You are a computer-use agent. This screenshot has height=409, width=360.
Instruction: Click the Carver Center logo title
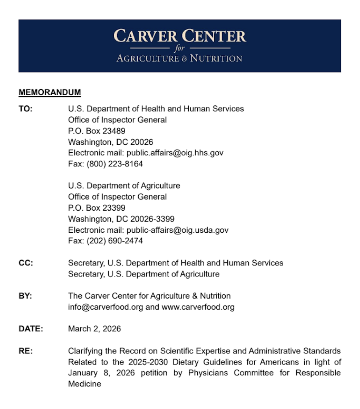[180, 36]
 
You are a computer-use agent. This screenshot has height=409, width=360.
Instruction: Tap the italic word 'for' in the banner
[180, 48]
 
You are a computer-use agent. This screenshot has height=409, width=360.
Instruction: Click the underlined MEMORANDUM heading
[50, 92]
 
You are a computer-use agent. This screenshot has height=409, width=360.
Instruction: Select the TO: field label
[26, 109]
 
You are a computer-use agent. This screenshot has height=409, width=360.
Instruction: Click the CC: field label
[26, 263]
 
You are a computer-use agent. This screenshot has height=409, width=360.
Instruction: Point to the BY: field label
[25, 296]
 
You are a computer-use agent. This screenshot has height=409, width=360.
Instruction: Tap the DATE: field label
[31, 329]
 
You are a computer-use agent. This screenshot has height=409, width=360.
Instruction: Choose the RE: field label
[26, 351]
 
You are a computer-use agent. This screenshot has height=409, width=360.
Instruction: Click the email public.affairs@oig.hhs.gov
[175, 153]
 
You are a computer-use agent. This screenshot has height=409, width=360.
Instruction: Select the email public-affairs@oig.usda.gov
[177, 230]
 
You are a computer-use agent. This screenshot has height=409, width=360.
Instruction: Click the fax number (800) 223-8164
[115, 164]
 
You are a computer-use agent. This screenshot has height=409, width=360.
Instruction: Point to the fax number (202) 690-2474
[115, 241]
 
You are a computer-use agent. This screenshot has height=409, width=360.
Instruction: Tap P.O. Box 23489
[97, 131]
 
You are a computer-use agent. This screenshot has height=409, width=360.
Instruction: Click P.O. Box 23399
[97, 208]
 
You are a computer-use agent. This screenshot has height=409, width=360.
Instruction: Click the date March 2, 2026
[95, 329]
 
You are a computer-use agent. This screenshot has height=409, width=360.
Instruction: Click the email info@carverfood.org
[105, 307]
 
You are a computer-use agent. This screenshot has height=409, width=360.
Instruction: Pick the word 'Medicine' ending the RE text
[85, 384]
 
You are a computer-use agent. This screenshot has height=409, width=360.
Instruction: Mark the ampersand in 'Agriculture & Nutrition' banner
[184, 59]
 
